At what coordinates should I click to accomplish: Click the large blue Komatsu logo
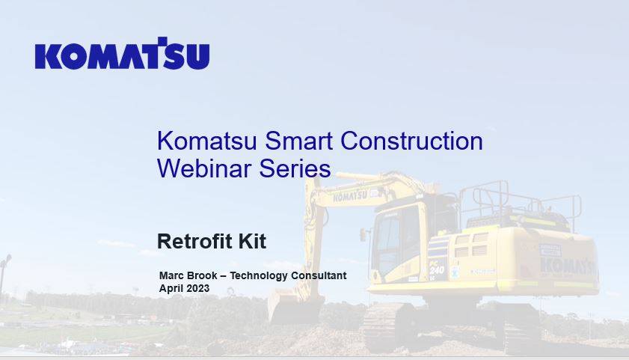(123, 53)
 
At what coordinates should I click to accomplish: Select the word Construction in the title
(411, 141)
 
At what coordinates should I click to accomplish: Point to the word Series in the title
(295, 168)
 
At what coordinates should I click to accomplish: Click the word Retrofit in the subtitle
(194, 241)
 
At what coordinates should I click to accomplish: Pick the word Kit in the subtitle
(252, 241)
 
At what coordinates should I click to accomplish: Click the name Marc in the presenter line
(171, 275)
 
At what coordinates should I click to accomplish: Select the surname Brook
(202, 275)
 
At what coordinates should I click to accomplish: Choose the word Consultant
(319, 275)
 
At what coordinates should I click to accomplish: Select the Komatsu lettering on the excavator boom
(350, 196)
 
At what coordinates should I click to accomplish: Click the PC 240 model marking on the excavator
(437, 268)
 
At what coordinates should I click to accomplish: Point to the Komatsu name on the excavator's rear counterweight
(568, 266)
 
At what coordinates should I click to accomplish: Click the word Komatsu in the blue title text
(206, 141)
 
